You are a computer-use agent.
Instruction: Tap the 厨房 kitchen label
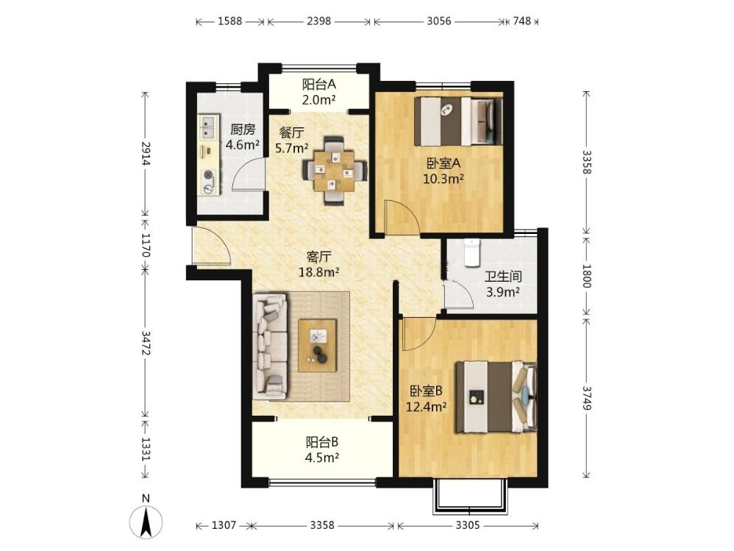(x=243, y=129)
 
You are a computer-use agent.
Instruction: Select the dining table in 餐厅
(x=334, y=171)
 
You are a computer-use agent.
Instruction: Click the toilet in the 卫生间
(x=471, y=253)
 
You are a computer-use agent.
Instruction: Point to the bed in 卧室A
(x=459, y=121)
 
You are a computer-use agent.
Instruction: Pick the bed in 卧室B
(x=496, y=397)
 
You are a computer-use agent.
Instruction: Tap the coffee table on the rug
(x=318, y=346)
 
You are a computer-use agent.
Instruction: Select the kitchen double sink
(x=208, y=127)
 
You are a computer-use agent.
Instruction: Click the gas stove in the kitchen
(x=208, y=181)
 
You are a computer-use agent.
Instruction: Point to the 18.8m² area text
(x=319, y=272)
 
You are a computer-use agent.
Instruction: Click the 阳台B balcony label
(x=322, y=442)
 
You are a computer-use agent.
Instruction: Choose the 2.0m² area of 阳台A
(x=319, y=100)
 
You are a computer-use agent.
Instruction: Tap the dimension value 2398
(x=319, y=21)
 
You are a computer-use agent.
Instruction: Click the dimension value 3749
(x=587, y=397)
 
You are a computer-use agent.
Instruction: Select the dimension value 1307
(x=224, y=525)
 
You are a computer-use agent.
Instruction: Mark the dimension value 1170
(x=146, y=245)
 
